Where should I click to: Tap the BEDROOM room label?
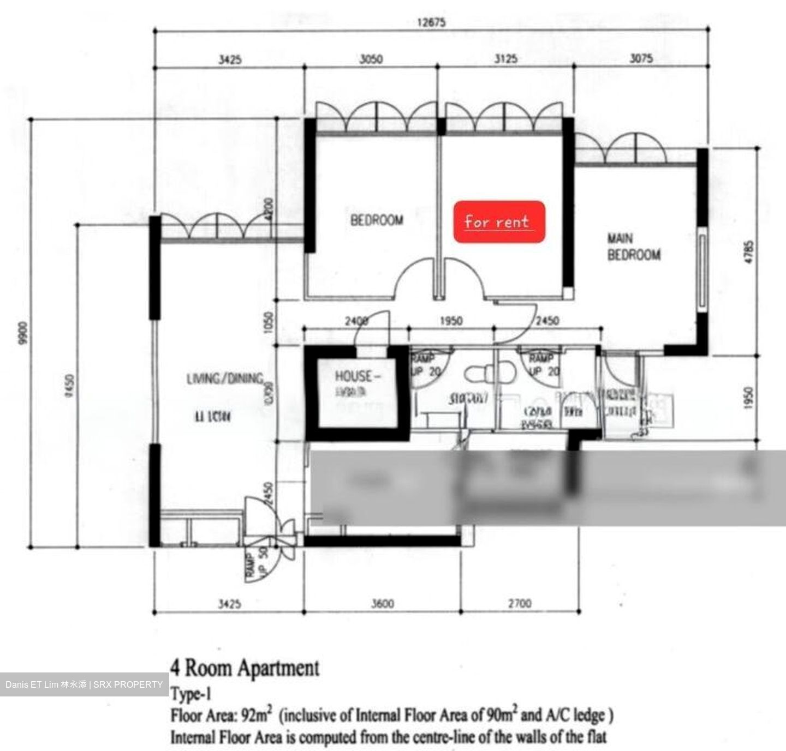[x=377, y=220]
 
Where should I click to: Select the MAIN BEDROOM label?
[x=633, y=247]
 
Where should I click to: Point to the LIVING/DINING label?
[x=225, y=378]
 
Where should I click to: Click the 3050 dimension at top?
[x=371, y=59]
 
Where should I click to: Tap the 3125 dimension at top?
[x=505, y=59]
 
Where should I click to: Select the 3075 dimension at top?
[x=641, y=58]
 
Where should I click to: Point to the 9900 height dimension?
[x=22, y=333]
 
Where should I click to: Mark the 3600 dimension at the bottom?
[x=382, y=604]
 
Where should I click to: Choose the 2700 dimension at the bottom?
[x=519, y=604]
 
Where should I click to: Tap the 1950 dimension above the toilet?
[x=451, y=321]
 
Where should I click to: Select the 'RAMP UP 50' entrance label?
[x=257, y=562]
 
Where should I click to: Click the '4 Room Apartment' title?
[x=245, y=668]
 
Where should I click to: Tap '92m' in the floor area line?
[x=258, y=715]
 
